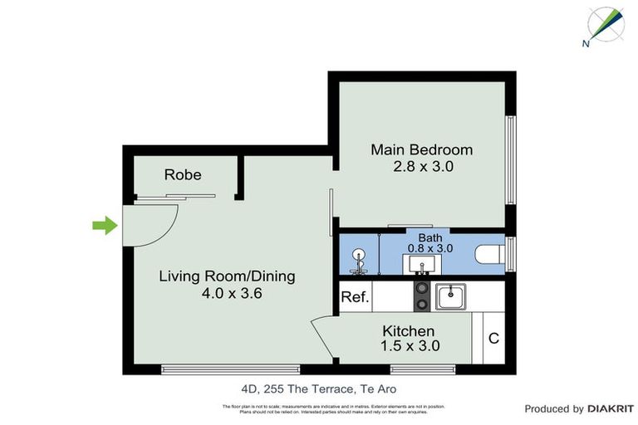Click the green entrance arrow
(104, 224)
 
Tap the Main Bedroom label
(421, 150)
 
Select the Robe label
(183, 175)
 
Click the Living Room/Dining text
(227, 276)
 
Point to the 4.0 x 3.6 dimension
(227, 293)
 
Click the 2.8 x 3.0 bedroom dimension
(421, 166)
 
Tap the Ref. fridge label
(355, 296)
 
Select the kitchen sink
(450, 296)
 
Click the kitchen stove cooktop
(421, 296)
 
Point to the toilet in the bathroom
(491, 254)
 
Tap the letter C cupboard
(493, 338)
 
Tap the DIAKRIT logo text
(611, 408)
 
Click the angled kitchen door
(325, 339)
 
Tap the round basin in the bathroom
(360, 255)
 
